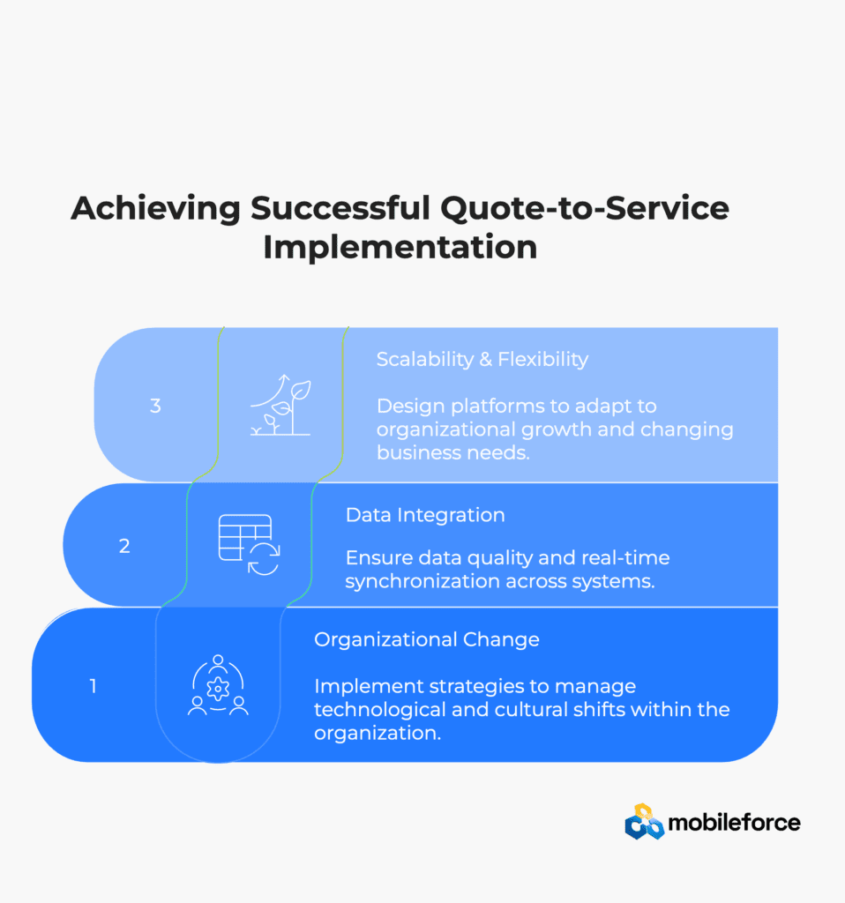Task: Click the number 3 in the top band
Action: pyautogui.click(x=155, y=406)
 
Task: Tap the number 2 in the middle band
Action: pyautogui.click(x=124, y=546)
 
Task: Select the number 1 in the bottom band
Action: pyautogui.click(x=93, y=686)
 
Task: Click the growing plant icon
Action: pyautogui.click(x=280, y=405)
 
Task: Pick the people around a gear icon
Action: pyautogui.click(x=218, y=685)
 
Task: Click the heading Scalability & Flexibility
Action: pyautogui.click(x=482, y=360)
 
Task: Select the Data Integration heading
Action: pyautogui.click(x=425, y=515)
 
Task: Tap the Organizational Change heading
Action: pyautogui.click(x=427, y=640)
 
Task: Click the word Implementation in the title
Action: pyautogui.click(x=400, y=247)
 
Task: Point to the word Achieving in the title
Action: pyautogui.click(x=155, y=208)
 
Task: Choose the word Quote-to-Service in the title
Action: pyautogui.click(x=585, y=208)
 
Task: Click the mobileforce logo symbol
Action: pyautogui.click(x=644, y=822)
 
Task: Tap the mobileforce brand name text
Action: pyautogui.click(x=734, y=823)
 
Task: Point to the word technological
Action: pyautogui.click(x=380, y=710)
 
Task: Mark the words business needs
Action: pyautogui.click(x=452, y=452)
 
